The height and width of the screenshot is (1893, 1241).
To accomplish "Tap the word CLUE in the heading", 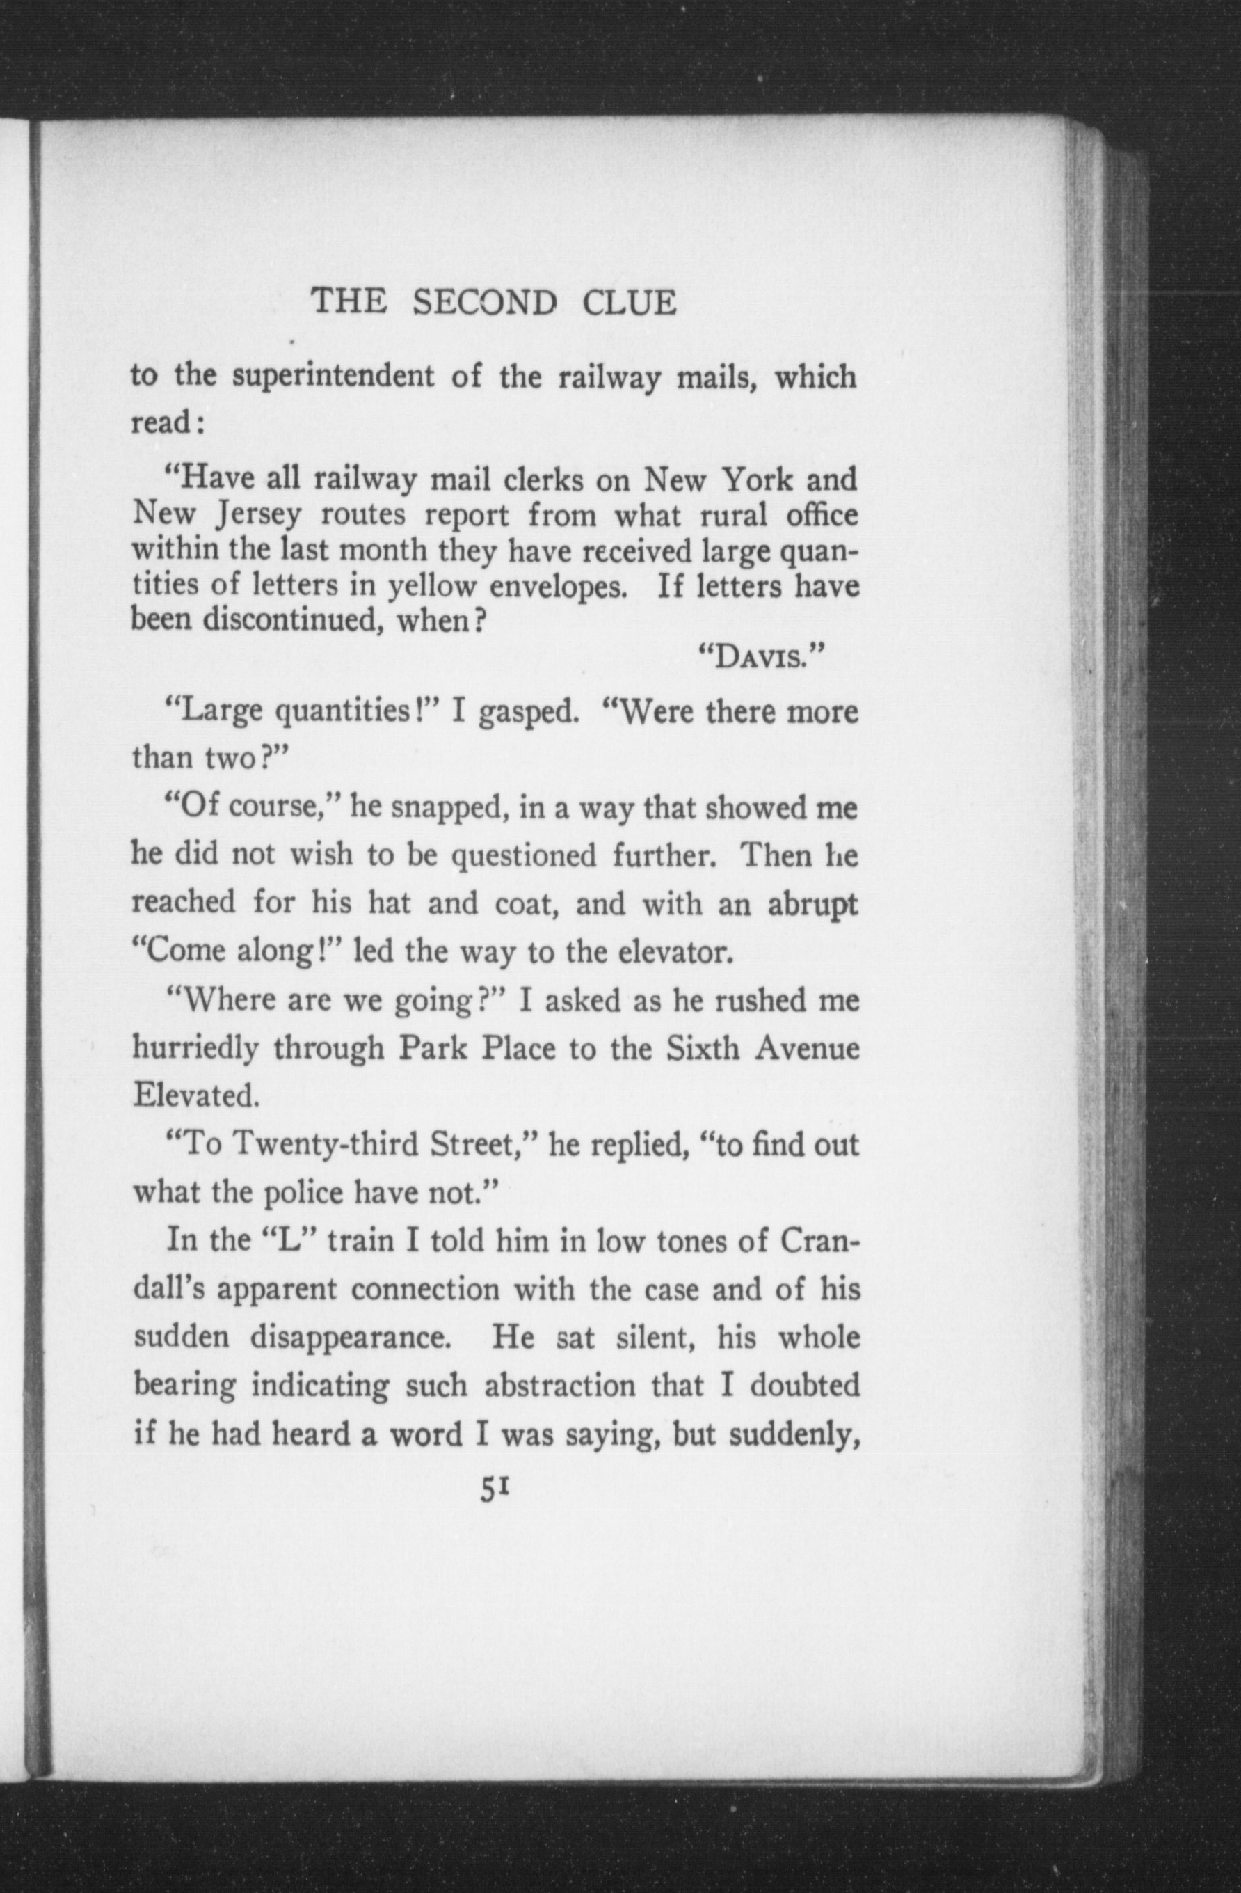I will tap(629, 303).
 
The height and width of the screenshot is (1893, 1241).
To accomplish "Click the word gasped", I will tap(525, 712).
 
